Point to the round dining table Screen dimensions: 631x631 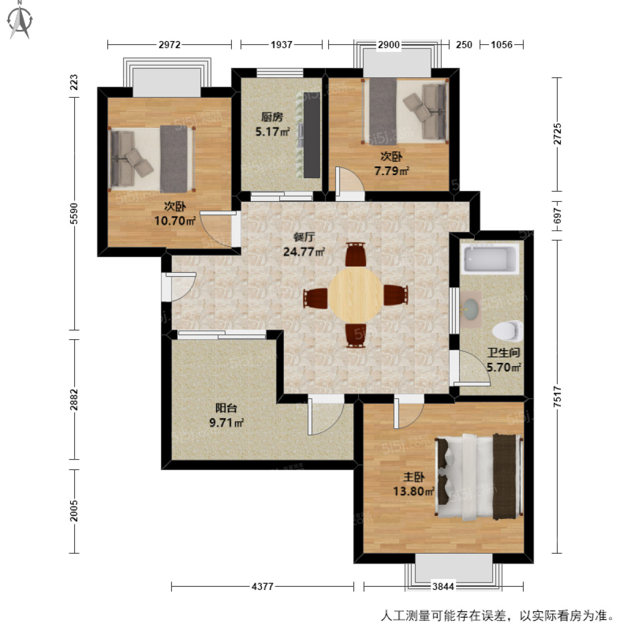(355, 296)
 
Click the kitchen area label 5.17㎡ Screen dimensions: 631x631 (272, 131)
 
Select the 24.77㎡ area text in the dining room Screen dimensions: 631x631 (303, 252)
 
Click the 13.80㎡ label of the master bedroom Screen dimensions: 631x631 (413, 492)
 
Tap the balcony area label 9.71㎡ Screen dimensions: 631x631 (226, 422)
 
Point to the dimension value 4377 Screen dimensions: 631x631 (262, 586)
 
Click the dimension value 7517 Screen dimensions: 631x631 (558, 397)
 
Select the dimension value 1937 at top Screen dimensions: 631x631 (282, 45)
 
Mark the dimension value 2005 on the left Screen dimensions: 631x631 (74, 511)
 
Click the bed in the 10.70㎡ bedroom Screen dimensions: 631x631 (151, 159)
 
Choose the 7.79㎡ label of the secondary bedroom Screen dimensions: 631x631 (391, 171)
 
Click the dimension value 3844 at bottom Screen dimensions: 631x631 (443, 586)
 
